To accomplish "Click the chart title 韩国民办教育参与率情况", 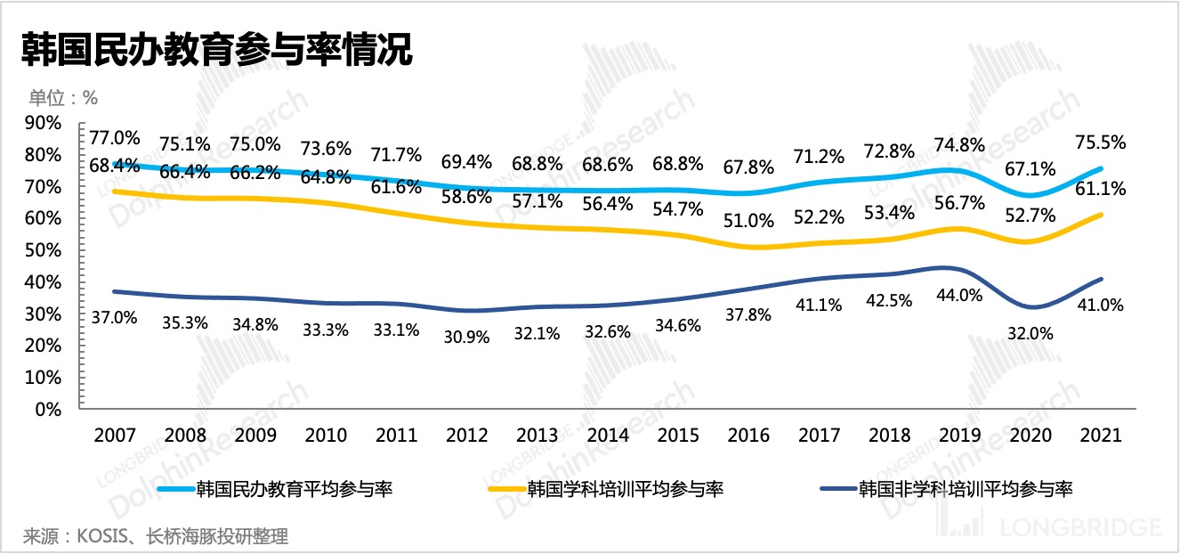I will [x=218, y=49].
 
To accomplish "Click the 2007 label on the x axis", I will [x=115, y=436].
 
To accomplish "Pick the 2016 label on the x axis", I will [x=748, y=436].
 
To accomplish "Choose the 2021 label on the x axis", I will [x=1100, y=436].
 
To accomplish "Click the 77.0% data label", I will [x=115, y=138].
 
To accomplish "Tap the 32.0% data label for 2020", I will [x=1030, y=334].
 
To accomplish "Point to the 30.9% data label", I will [x=467, y=338].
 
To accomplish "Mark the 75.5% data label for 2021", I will [x=1100, y=143].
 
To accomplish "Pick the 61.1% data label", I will [x=1100, y=189].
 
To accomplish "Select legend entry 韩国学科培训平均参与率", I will [x=625, y=488].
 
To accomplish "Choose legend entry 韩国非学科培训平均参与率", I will [x=965, y=488].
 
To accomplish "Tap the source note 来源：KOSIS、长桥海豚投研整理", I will [x=156, y=537].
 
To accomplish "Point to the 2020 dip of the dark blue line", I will [x=1032, y=307].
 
